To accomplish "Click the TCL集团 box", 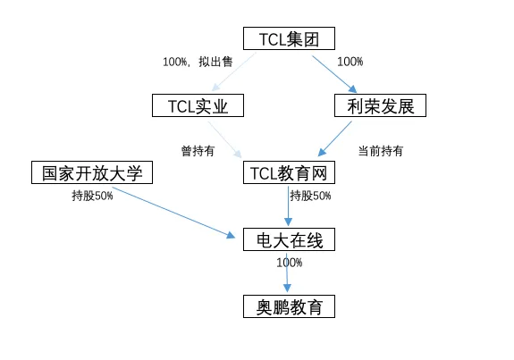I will tap(289, 38).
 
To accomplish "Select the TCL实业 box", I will tap(198, 106).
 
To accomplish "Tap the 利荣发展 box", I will tap(380, 106).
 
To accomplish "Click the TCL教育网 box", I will tap(289, 172).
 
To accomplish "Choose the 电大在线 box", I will tap(289, 239).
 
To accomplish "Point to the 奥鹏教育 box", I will tap(289, 307).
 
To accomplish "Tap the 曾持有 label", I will tap(198, 151).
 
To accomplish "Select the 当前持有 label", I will tap(380, 151).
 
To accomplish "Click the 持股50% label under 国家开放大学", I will tap(92, 196).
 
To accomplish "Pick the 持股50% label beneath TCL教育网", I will tap(310, 196).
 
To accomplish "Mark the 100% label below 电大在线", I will tap(290, 263).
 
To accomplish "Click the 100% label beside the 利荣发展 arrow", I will tap(350, 63).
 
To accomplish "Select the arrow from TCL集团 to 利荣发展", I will tap(334, 72).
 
